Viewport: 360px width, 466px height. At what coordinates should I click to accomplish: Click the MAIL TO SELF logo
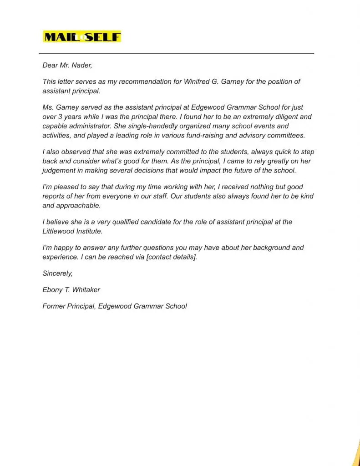(x=82, y=36)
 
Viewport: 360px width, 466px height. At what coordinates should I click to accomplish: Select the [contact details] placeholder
(x=172, y=257)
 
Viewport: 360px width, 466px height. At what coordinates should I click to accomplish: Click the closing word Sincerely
(x=57, y=274)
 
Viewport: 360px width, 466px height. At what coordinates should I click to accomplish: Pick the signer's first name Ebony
(x=52, y=290)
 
